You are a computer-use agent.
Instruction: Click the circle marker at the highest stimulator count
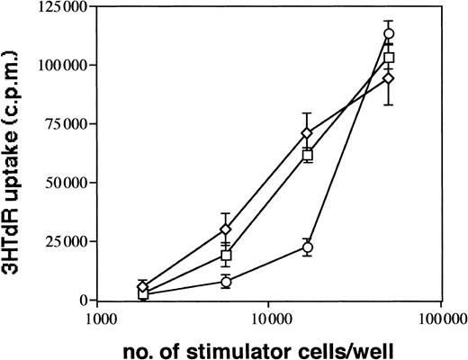click(x=389, y=34)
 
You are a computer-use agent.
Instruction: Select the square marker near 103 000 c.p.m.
click(x=389, y=58)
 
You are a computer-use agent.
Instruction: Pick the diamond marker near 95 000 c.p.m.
click(x=389, y=78)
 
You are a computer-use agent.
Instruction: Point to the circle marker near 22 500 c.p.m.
click(x=307, y=247)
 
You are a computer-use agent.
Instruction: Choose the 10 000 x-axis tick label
click(x=269, y=319)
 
